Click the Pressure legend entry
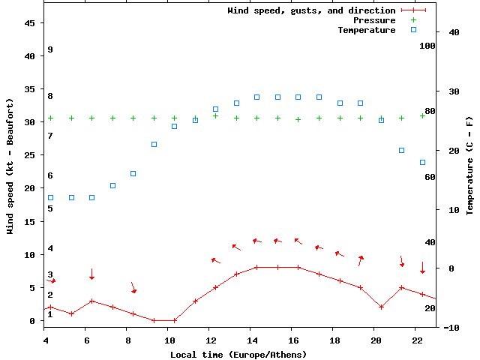373,20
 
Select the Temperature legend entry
366,30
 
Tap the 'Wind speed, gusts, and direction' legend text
311,10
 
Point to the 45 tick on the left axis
31,23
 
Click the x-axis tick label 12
211,340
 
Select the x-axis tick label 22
418,340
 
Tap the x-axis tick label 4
46,340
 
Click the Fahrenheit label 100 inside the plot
427,46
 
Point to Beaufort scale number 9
49,49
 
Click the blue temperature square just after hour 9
154,144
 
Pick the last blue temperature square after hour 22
422,162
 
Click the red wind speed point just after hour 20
381,307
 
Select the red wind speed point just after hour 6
91,301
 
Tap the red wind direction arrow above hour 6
91,274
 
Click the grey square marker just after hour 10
174,126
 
